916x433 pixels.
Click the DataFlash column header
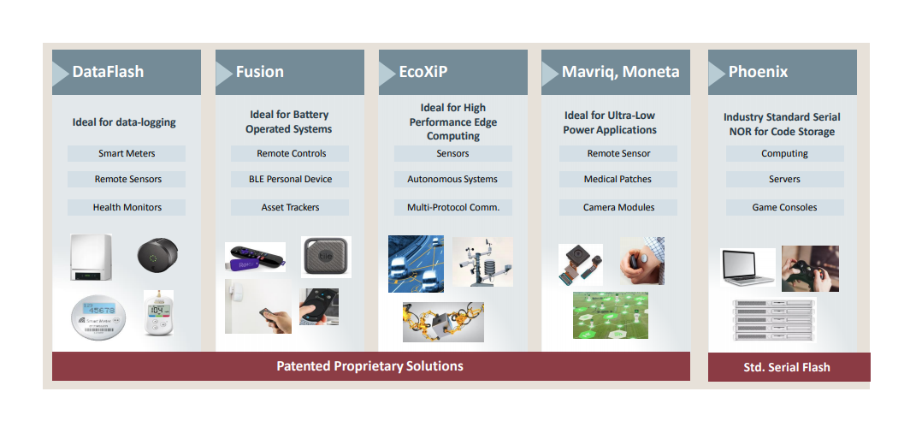pos(108,72)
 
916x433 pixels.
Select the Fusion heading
pos(260,72)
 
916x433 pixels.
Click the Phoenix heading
pos(758,72)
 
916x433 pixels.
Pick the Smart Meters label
pos(127,154)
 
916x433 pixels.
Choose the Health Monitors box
pos(127,207)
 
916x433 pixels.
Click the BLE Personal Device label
pos(290,180)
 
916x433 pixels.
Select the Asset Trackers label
pos(290,207)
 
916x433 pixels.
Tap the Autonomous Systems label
pos(452,180)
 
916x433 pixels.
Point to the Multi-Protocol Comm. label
pos(452,207)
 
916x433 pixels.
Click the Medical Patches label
pos(618,180)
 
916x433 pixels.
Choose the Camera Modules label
pos(618,207)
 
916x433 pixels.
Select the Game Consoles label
pos(784,207)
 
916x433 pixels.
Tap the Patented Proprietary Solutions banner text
pos(369,366)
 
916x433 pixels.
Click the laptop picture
pos(748,267)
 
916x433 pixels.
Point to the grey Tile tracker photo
pos(326,257)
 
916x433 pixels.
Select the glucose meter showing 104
pos(158,312)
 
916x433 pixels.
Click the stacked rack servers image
pos(773,320)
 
